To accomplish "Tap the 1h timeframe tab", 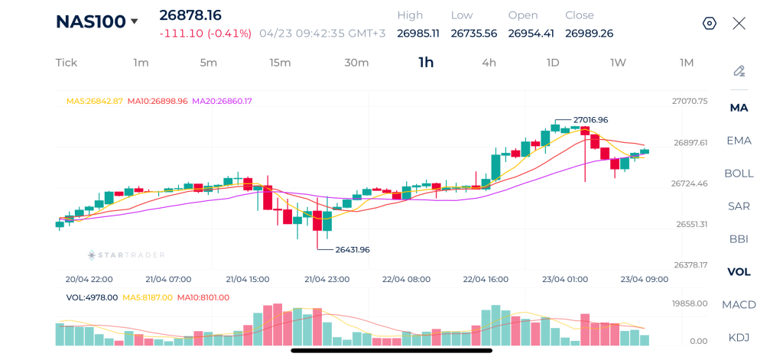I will click(426, 63).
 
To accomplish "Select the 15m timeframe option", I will click(280, 63).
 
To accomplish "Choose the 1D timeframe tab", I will click(552, 63).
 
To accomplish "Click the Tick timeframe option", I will click(67, 63).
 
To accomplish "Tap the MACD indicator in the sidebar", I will click(739, 304).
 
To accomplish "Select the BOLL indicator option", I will click(739, 173).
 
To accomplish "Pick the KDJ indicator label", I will click(739, 337).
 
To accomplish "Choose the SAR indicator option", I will click(739, 206).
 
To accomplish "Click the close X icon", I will click(739, 23).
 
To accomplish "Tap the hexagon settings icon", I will click(710, 23).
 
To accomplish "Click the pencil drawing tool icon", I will click(739, 71).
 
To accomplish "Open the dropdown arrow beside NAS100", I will click(135, 21).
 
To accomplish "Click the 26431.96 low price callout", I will click(353, 249).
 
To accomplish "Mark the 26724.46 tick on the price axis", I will click(689, 183).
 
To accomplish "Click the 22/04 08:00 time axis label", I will click(406, 279).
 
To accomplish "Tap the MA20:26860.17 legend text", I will click(222, 101).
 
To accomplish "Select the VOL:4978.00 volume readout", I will click(92, 297).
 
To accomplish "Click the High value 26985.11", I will click(418, 33).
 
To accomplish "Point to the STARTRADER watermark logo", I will click(126, 255).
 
